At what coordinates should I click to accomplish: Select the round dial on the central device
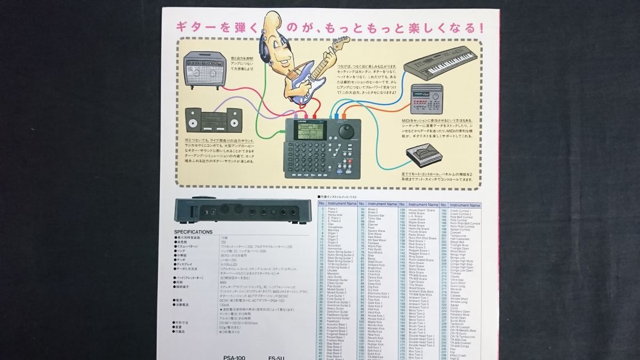[346, 131]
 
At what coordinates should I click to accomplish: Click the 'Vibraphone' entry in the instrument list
[335, 228]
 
